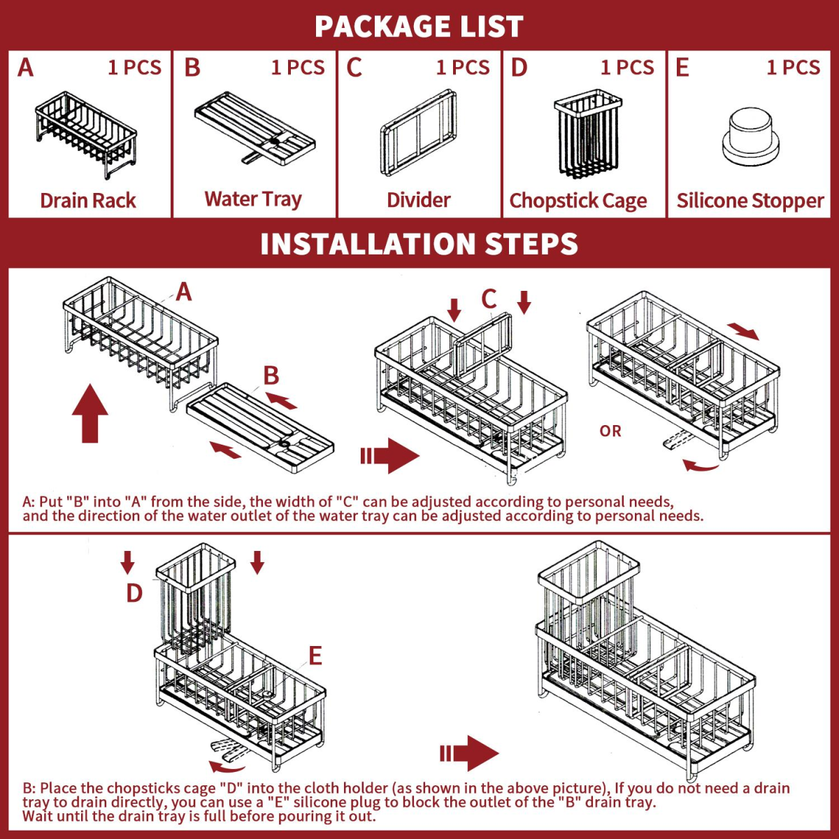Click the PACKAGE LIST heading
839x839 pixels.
coord(419,26)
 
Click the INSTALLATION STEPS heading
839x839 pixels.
coord(419,243)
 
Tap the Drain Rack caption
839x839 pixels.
coord(88,200)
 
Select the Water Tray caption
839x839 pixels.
coord(253,199)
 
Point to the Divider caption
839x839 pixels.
coord(418,200)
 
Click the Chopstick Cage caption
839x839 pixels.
coord(578,201)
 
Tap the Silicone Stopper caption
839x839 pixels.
coord(750,201)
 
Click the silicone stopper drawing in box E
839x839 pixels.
coord(750,137)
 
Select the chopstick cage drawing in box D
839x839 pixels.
coord(586,134)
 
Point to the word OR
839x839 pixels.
coord(610,431)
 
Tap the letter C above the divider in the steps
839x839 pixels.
coord(489,299)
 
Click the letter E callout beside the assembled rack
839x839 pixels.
coord(315,655)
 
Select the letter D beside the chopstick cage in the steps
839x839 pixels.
coord(134,593)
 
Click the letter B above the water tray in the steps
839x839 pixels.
coord(271,375)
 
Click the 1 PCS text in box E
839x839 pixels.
coord(793,68)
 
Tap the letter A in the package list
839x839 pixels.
coord(25,68)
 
